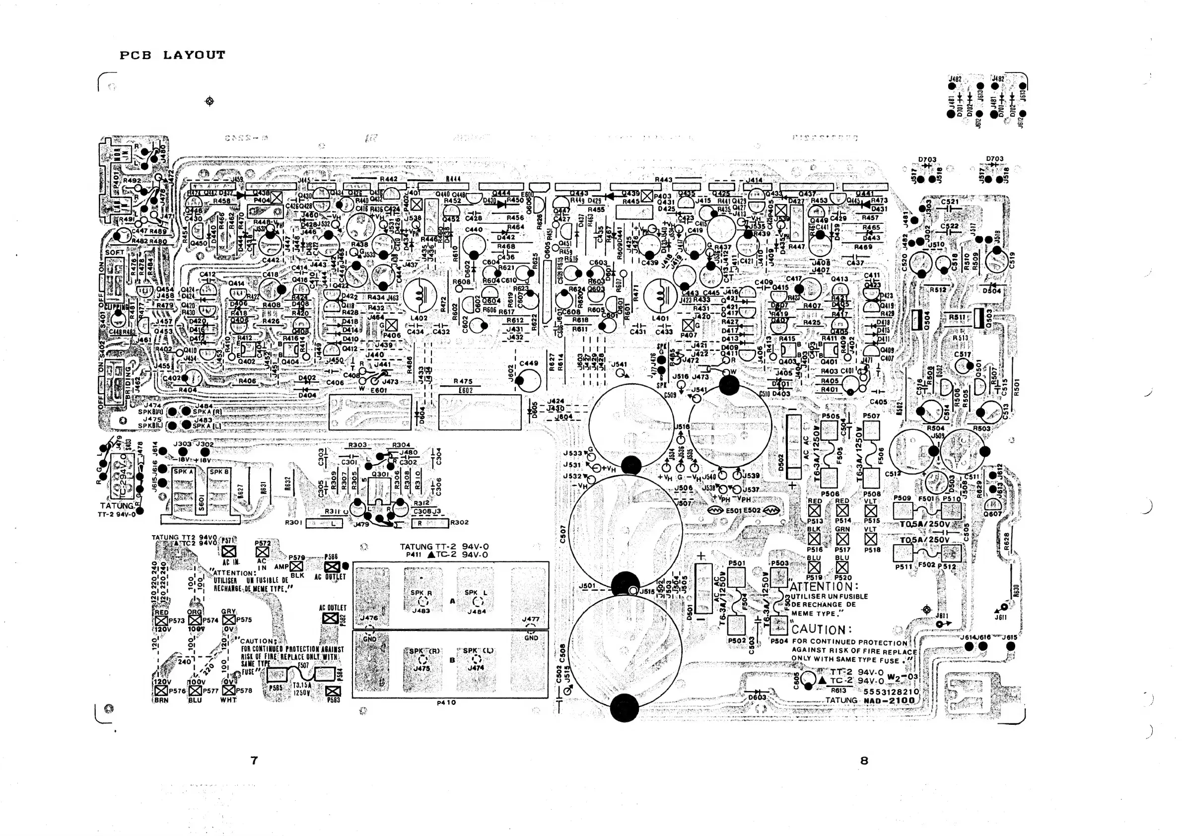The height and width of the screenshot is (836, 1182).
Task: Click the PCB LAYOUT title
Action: (x=172, y=55)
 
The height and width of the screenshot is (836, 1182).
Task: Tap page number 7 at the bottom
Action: (x=254, y=761)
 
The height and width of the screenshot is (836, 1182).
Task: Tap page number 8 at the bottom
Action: (x=864, y=761)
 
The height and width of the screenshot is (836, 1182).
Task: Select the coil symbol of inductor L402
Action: (x=420, y=296)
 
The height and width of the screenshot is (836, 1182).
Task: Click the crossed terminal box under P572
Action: (x=262, y=552)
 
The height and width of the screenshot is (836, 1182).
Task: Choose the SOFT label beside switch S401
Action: (x=114, y=253)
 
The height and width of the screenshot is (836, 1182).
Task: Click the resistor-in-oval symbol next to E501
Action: (x=716, y=511)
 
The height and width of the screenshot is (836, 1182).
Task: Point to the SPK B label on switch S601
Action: (x=219, y=472)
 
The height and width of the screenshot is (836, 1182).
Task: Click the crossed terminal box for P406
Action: (x=392, y=325)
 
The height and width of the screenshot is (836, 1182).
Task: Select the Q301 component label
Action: (x=380, y=474)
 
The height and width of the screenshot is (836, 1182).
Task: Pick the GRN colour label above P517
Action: (x=842, y=529)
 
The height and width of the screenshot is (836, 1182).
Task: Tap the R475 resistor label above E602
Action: (x=463, y=381)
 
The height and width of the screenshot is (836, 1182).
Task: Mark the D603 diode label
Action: (x=757, y=697)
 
